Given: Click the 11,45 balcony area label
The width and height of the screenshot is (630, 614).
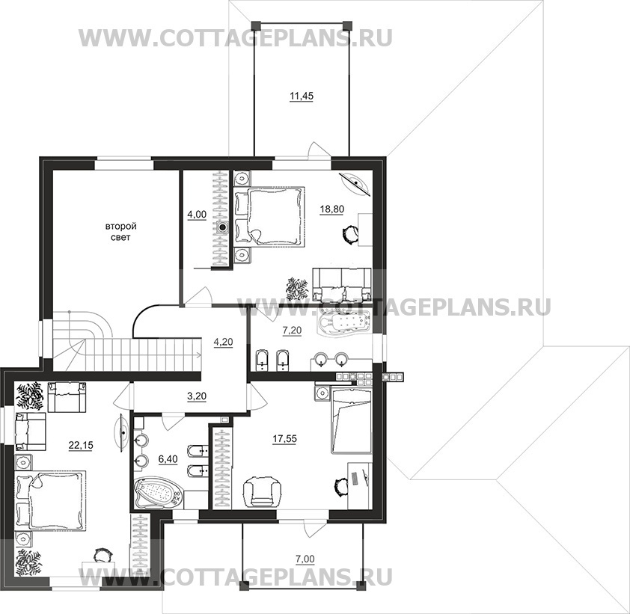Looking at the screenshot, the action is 302,96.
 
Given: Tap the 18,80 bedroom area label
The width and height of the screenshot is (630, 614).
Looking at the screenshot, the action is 332,209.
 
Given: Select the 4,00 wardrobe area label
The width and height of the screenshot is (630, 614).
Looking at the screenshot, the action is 197,215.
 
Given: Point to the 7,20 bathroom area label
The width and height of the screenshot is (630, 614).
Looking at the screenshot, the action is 292,331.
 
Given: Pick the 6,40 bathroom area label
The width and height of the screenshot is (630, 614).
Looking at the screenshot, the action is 168,459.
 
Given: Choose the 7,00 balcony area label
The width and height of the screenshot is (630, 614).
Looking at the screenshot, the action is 305,559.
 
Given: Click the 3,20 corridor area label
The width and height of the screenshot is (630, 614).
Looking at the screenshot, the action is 197,397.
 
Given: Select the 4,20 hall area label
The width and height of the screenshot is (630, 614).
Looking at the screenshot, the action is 224,343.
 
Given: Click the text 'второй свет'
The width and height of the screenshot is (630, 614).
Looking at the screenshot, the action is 121,232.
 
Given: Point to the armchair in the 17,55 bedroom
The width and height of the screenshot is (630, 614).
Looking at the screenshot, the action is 263,490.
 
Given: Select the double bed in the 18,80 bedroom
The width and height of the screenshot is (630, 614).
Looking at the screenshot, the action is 269,215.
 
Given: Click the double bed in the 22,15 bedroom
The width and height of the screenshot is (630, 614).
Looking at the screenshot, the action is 50,500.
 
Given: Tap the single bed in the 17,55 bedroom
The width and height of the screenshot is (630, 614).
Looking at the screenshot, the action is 351,420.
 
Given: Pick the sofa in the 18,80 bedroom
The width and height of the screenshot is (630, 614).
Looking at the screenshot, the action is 341,284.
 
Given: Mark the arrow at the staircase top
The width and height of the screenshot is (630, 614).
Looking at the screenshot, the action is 198,354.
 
